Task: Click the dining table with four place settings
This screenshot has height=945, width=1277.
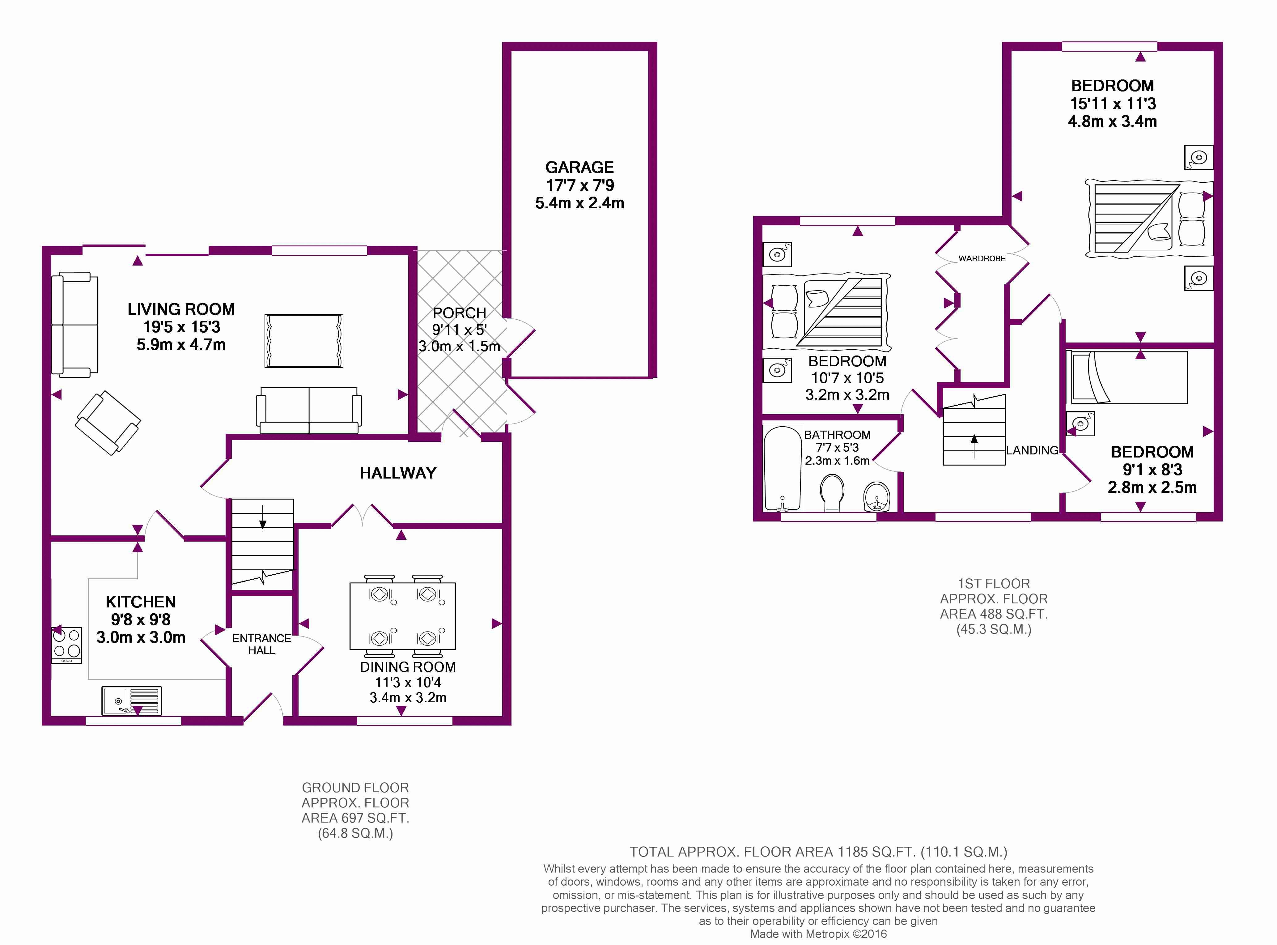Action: (403, 615)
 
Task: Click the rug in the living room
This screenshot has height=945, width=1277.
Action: (304, 340)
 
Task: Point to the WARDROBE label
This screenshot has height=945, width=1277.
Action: (982, 258)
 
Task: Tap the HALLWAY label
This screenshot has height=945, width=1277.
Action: (398, 473)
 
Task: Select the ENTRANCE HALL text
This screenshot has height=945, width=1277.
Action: (261, 644)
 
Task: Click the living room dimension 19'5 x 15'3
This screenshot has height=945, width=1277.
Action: (181, 327)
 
